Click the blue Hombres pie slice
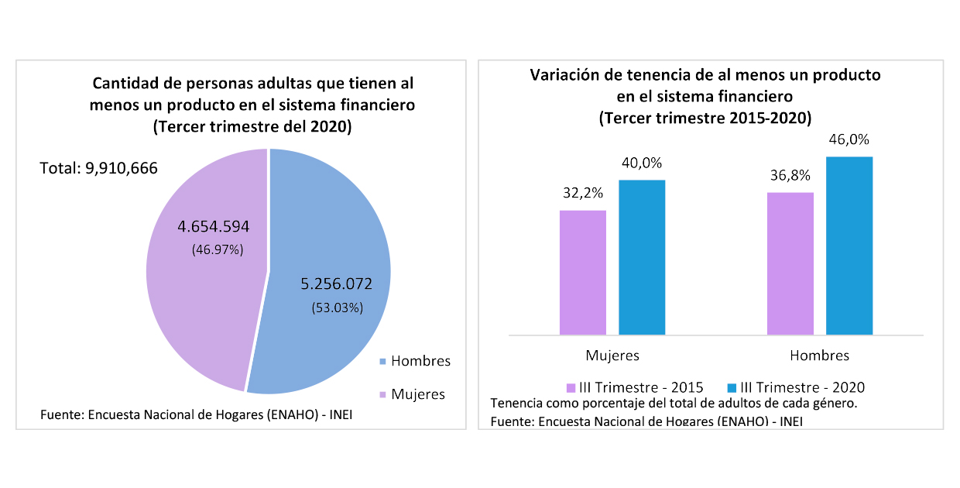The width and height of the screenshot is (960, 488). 333,232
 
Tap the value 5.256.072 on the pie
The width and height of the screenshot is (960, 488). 337,284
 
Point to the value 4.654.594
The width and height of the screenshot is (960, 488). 214,227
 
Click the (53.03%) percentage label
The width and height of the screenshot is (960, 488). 337,308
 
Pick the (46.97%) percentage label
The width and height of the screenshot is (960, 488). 218,249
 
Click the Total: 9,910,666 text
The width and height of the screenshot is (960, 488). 98,167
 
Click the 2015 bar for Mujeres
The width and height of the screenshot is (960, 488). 583,273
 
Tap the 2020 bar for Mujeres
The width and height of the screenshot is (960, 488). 642,257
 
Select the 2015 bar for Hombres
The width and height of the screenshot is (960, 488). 790,263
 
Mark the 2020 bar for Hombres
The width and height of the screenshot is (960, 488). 849,246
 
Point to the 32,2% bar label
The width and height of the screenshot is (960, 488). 583,193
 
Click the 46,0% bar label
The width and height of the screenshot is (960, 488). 849,140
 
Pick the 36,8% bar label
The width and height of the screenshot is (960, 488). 790,175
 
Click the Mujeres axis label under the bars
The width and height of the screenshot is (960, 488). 612,356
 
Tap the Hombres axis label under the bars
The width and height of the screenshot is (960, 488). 819,356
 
